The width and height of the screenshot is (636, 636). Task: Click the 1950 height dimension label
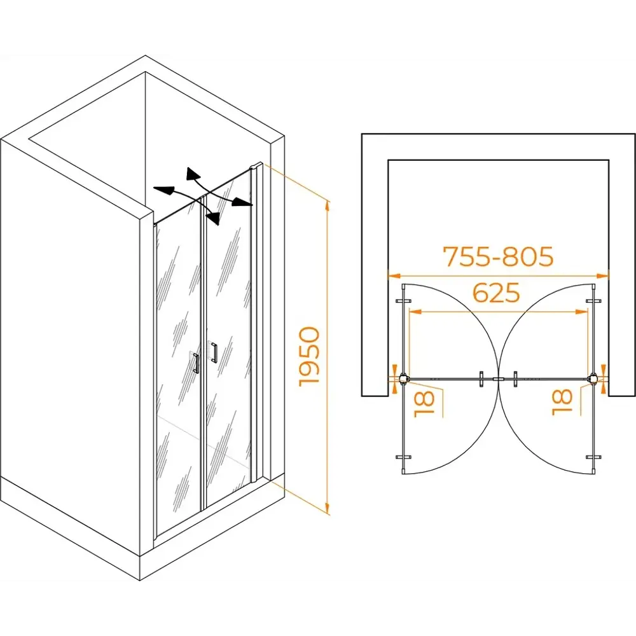tap(310, 357)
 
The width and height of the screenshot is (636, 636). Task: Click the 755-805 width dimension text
tap(498, 256)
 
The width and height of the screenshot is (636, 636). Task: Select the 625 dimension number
tap(497, 293)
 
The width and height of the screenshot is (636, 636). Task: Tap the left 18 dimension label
tap(424, 404)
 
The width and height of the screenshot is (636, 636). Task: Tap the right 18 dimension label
tap(562, 402)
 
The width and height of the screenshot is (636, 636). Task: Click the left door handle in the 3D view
tap(196, 363)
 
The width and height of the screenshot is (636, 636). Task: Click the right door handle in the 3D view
tap(214, 353)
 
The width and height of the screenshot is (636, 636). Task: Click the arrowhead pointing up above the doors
tap(192, 174)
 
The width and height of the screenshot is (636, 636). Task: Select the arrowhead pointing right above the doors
tap(242, 202)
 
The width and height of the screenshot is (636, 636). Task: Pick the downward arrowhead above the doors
tap(214, 218)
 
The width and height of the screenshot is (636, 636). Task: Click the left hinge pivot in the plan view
tap(403, 379)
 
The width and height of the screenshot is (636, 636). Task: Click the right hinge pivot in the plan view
tap(593, 379)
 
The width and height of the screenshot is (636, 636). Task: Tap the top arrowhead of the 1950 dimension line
tap(328, 207)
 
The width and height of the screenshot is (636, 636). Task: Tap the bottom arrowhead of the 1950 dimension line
tap(328, 508)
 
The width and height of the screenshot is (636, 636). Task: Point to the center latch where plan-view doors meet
tap(498, 379)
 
